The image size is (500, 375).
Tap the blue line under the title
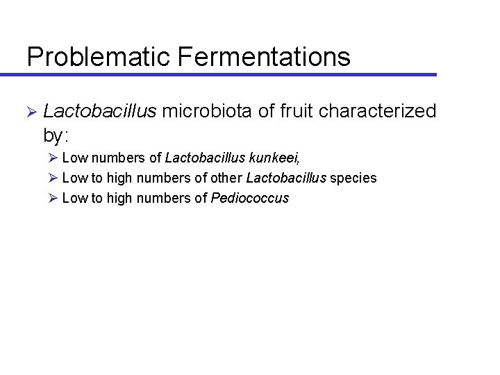229,74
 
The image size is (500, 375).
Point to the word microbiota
211,111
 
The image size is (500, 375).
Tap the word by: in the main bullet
58,133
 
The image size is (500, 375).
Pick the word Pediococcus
249,198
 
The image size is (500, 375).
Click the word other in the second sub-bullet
227,178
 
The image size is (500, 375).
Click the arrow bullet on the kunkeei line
53,158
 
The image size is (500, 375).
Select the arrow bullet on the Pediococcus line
53,198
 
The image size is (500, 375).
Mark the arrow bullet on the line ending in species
53,178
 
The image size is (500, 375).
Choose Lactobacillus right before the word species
285,178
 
